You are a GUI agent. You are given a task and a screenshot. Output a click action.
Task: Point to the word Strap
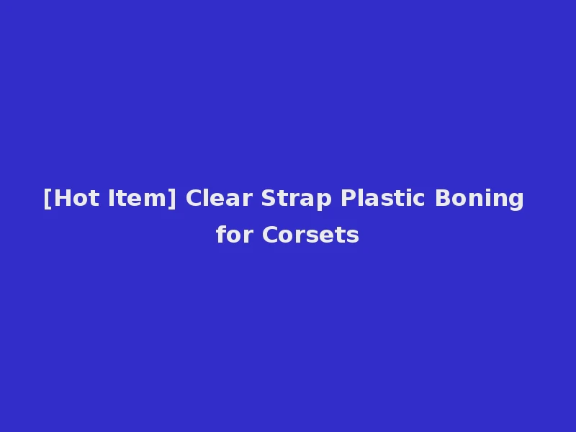296,198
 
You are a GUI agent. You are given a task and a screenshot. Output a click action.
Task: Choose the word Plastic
384,198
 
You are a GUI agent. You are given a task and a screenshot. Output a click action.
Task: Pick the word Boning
479,198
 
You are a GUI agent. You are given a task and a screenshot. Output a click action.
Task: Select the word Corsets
310,235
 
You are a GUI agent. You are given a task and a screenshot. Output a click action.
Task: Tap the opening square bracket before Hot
47,198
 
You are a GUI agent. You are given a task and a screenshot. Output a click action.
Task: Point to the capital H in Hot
60,198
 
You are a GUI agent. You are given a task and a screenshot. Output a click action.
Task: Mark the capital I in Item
112,198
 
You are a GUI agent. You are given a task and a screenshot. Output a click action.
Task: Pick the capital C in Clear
193,198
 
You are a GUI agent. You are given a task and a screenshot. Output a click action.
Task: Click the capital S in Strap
269,198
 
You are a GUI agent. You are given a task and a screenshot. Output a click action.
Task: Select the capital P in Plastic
348,198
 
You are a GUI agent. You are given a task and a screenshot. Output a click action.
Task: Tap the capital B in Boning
441,198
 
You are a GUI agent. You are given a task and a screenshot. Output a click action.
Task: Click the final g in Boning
516,200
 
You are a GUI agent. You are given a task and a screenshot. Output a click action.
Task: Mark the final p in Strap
325,200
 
